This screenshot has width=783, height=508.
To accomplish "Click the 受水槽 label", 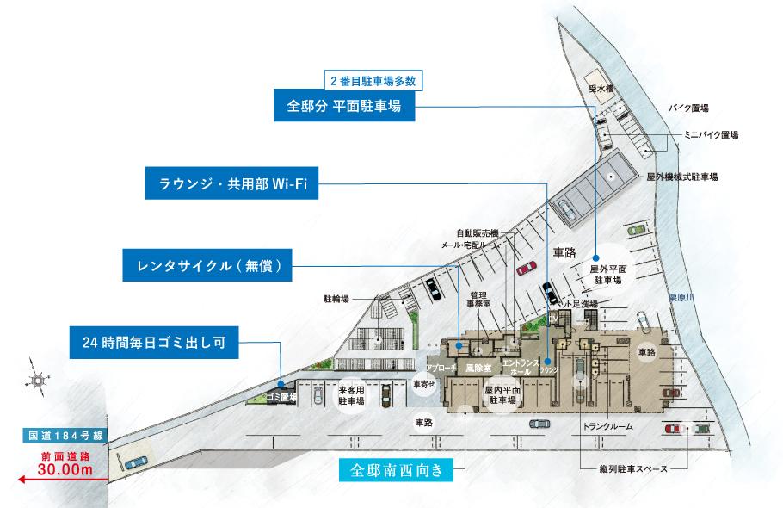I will [599, 89].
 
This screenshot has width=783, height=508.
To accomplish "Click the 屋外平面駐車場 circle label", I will [607, 275].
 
